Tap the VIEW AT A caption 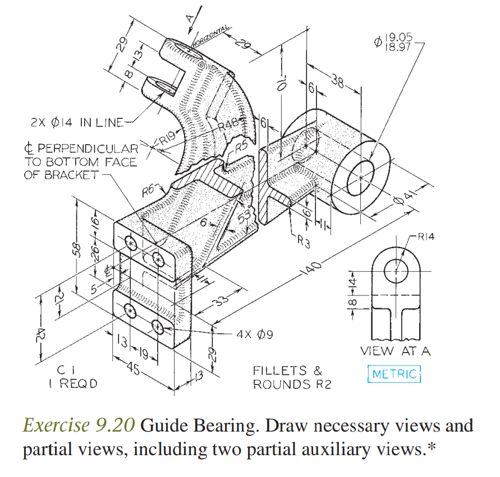click(396, 351)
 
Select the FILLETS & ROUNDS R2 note click(288, 377)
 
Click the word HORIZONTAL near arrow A click(211, 35)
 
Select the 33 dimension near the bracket click(223, 301)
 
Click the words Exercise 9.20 click(79, 427)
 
